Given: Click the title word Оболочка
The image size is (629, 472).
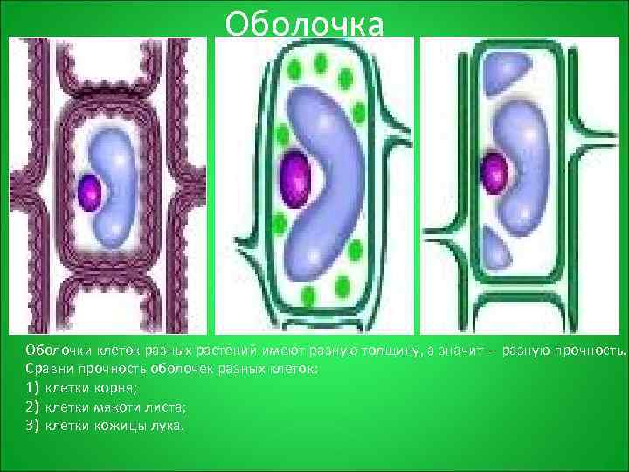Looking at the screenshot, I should pos(303,24).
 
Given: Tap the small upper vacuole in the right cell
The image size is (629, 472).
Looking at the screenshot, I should pos(505,67).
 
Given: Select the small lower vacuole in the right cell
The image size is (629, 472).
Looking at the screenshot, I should pos(496,249).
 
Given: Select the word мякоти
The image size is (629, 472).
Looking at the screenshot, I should pos(109,406).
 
